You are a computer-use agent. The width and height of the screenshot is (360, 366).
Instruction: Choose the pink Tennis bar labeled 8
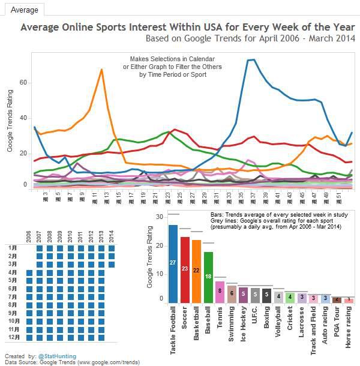coord(220,291)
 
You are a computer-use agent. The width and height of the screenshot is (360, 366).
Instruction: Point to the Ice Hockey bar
coord(243,294)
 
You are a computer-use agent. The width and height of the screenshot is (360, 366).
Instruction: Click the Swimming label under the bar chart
coord(232,323)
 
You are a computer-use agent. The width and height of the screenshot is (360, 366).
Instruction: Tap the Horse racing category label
coord(349,324)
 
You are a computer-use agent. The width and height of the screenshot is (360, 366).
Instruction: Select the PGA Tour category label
coord(337,322)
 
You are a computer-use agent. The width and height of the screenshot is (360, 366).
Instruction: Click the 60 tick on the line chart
coord(23,82)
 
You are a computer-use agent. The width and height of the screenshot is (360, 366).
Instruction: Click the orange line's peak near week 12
coord(101,70)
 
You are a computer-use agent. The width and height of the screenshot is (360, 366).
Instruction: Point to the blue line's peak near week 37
coord(251,59)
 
